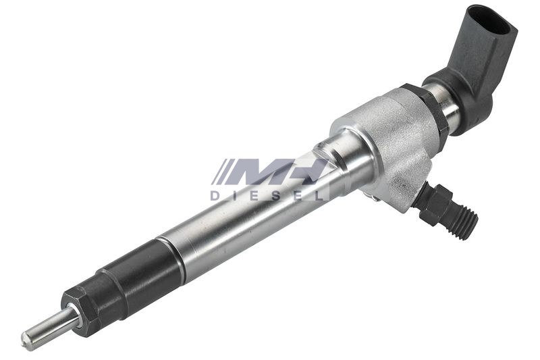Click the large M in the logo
[x=256, y=171]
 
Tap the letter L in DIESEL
[x=319, y=196]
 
